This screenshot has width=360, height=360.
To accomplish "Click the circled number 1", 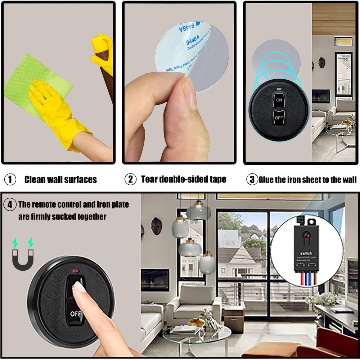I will tap(10, 179).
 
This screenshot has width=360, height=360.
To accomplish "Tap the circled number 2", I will tap(130, 179).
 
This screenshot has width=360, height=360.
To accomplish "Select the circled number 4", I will tap(10, 205).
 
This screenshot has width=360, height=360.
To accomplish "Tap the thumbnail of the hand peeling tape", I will tap(179, 82).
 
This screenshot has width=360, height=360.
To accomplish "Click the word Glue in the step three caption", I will tap(266, 179).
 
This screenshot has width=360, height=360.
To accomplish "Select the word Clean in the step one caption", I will tap(35, 179).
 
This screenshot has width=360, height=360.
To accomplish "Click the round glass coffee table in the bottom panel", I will tap(196, 335).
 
